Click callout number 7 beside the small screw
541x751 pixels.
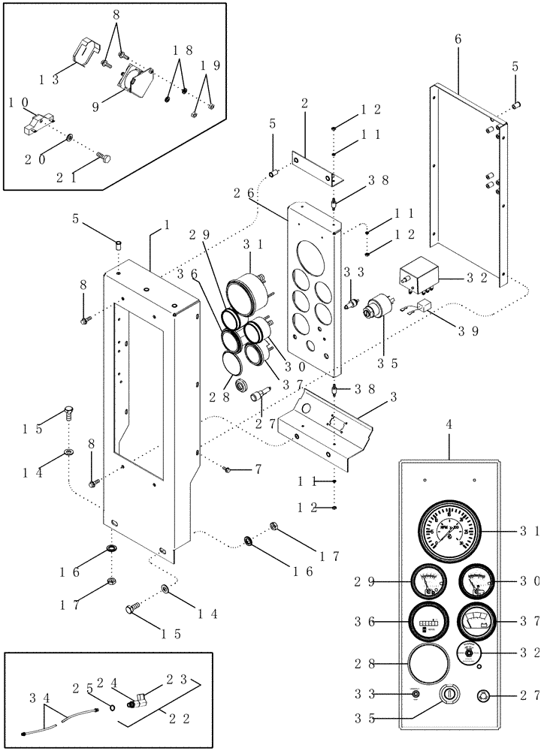point(257,469)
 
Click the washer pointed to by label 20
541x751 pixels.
point(69,139)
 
